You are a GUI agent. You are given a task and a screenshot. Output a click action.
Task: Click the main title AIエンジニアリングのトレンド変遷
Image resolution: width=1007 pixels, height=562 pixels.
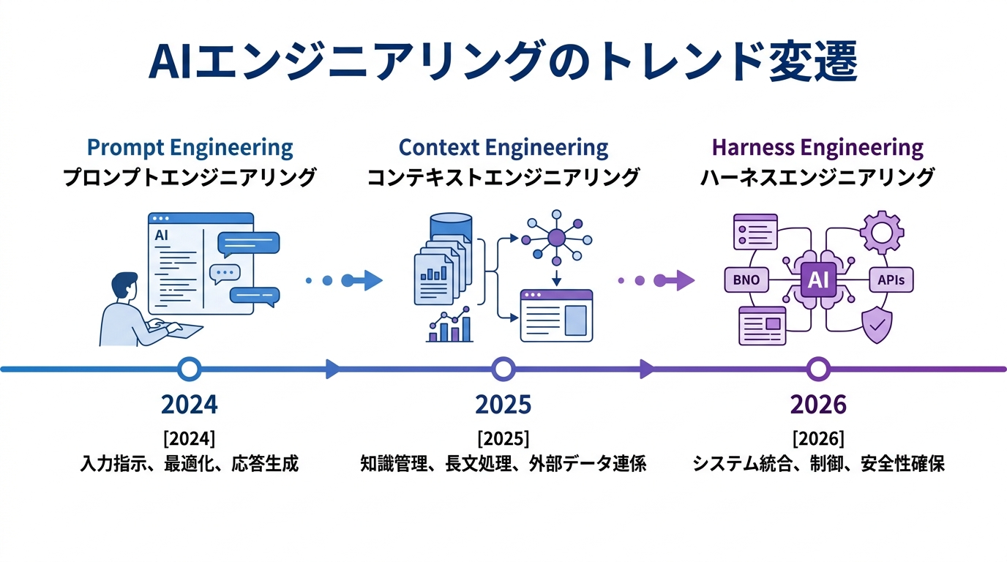coord(503,63)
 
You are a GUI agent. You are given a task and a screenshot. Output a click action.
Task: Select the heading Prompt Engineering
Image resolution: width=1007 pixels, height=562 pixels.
coord(190,148)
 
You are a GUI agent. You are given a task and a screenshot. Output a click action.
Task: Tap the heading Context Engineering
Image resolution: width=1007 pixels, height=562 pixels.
coord(503,148)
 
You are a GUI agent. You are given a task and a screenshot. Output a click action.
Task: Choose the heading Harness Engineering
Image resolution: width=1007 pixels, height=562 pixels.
coord(817,148)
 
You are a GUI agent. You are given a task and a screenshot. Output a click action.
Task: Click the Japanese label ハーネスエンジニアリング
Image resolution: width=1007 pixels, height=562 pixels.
coord(817,177)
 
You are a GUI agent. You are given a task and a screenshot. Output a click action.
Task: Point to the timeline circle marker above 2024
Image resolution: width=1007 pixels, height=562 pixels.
coord(190,369)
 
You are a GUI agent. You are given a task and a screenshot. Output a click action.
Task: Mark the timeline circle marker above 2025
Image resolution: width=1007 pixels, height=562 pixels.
coord(503,369)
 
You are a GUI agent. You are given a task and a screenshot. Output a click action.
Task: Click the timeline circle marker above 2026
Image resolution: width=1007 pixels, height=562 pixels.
coord(817,369)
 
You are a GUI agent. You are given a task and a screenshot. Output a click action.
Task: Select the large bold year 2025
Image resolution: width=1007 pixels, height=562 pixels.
coord(503,404)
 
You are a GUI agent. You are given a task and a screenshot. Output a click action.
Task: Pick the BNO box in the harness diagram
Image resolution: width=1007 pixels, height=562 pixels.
coord(746,280)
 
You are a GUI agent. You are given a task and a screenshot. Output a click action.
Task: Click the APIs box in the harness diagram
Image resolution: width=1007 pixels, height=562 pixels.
coord(891,280)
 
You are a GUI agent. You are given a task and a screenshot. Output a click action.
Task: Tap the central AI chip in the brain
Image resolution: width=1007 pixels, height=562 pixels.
coord(817,280)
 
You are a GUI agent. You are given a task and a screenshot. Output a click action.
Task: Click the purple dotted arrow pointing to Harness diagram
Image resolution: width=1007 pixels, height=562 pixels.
coord(655,280)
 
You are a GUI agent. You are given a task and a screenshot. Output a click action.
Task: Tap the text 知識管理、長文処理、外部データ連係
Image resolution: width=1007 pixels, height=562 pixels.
coord(503,464)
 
